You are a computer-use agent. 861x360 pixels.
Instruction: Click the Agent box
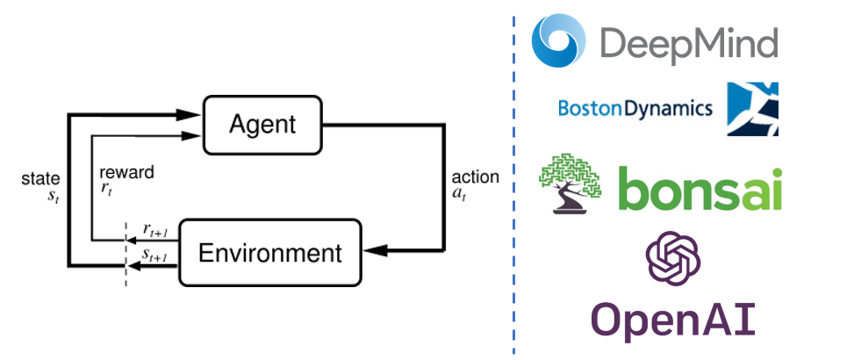coord(261,125)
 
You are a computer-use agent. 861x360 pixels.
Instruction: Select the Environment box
coord(269,254)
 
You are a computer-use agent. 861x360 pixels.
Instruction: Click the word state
coord(39,179)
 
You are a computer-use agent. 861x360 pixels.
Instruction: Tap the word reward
coord(126,172)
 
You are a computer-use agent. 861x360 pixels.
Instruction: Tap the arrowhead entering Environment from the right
coord(374,251)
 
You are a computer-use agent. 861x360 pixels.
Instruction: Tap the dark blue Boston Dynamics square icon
coord(751,109)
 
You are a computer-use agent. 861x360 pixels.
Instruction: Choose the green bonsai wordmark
coord(700,188)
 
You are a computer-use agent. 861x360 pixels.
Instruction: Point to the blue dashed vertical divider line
coord(514,180)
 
